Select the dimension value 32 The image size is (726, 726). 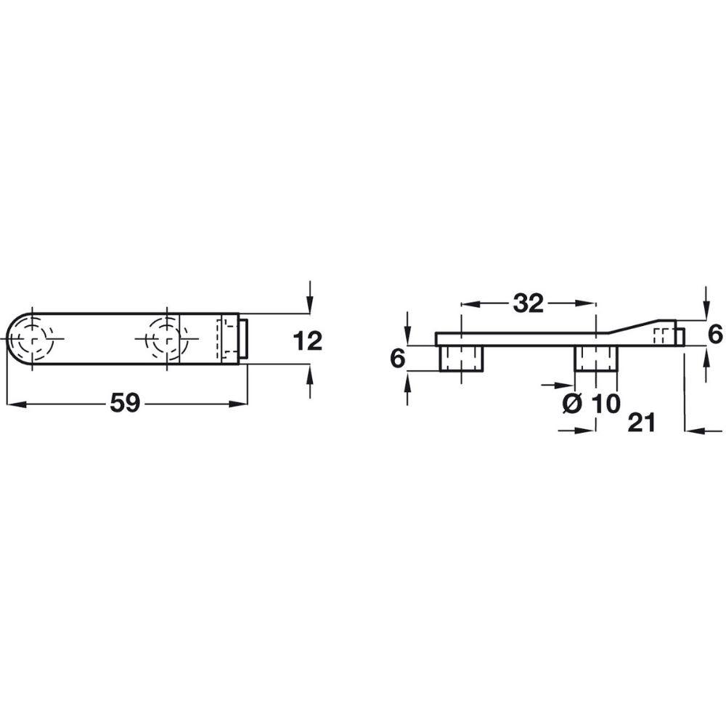click(x=528, y=303)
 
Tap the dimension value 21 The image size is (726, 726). click(x=641, y=423)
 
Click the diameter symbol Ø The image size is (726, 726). click(x=573, y=404)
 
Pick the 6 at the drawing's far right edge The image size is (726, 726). click(x=715, y=334)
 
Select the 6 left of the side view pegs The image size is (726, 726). click(x=396, y=359)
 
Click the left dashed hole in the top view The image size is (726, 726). click(x=32, y=339)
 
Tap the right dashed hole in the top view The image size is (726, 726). click(x=166, y=339)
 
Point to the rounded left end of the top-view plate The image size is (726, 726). click(x=15, y=339)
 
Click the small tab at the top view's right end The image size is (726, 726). click(x=246, y=339)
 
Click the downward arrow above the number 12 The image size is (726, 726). click(x=310, y=304)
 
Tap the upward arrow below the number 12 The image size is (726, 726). click(x=310, y=375)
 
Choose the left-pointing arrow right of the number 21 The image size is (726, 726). click(x=696, y=431)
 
